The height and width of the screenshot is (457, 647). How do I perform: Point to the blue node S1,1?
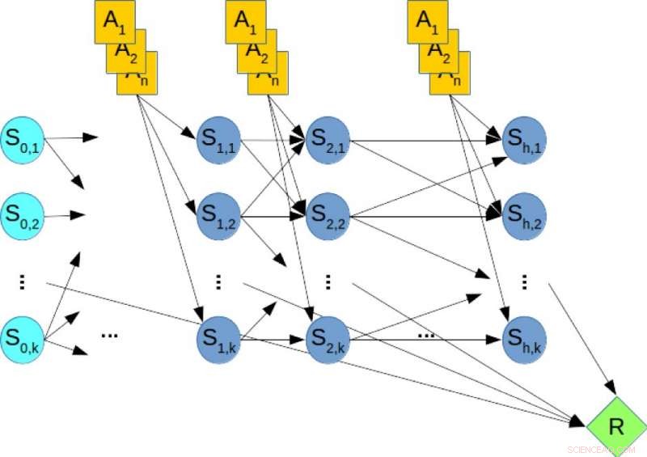coord(218,140)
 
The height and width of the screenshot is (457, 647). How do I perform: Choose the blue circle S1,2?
coord(218,215)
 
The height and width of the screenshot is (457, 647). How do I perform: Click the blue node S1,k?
coord(218,340)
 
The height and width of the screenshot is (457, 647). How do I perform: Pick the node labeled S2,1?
coord(328,140)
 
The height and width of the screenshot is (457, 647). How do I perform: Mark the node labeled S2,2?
coord(328,215)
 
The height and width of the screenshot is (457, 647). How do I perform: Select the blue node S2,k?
coord(328,340)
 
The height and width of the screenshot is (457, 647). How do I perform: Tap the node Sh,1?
coord(524,140)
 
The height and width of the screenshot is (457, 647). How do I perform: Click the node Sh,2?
coord(524,215)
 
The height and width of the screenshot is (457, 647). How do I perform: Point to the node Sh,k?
coord(524,340)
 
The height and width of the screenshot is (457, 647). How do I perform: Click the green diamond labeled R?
coord(616,425)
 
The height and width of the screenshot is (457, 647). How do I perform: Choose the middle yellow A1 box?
coord(246,22)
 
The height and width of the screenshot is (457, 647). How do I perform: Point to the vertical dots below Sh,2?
coord(525,281)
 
